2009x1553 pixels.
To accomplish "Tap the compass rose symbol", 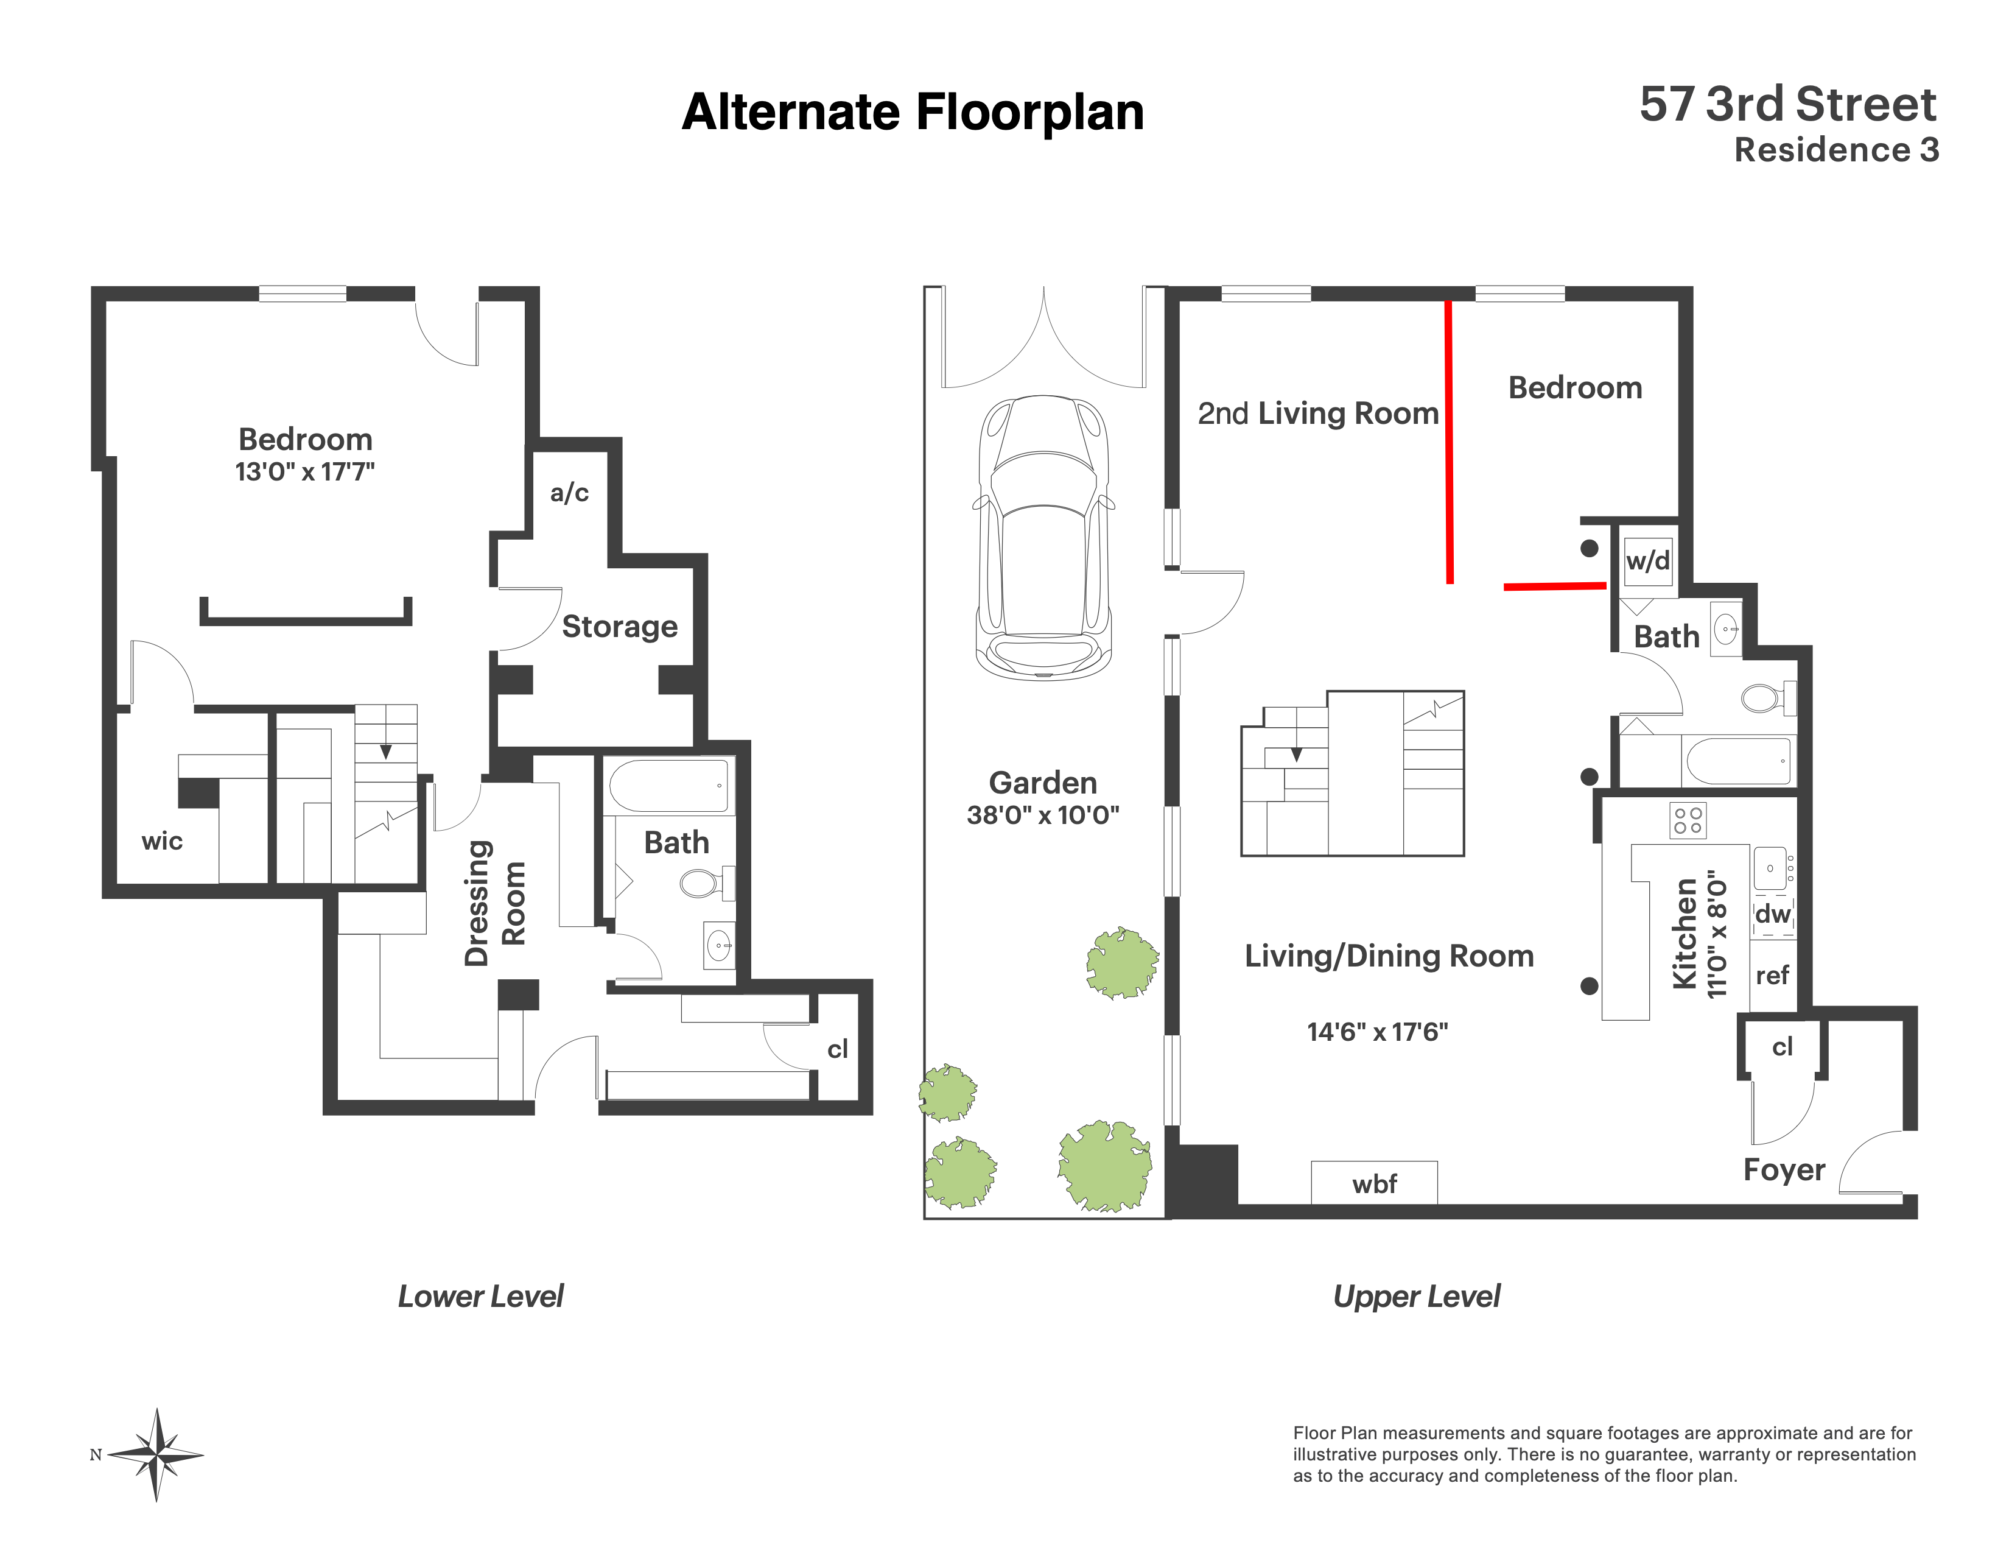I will point(157,1454).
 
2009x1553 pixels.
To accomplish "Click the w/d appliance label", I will point(1647,560).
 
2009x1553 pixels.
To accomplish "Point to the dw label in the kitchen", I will point(1773,914).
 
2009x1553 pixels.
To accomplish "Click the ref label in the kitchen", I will point(1772,975).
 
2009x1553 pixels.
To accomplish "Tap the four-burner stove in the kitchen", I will point(1687,821).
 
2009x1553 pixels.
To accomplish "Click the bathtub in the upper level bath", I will point(1739,761).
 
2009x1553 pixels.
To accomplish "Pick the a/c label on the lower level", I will point(569,493).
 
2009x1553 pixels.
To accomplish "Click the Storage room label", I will point(619,627).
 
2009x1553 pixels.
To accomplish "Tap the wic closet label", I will point(162,841).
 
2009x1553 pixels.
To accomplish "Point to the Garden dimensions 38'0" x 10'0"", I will point(1042,815).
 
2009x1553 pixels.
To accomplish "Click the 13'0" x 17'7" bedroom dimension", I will point(304,472).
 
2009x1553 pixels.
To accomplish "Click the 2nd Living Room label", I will point(1317,414).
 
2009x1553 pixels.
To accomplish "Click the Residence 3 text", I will point(1836,150).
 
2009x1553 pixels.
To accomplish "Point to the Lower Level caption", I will point(480,1297).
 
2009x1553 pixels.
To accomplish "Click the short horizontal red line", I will point(1555,586).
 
